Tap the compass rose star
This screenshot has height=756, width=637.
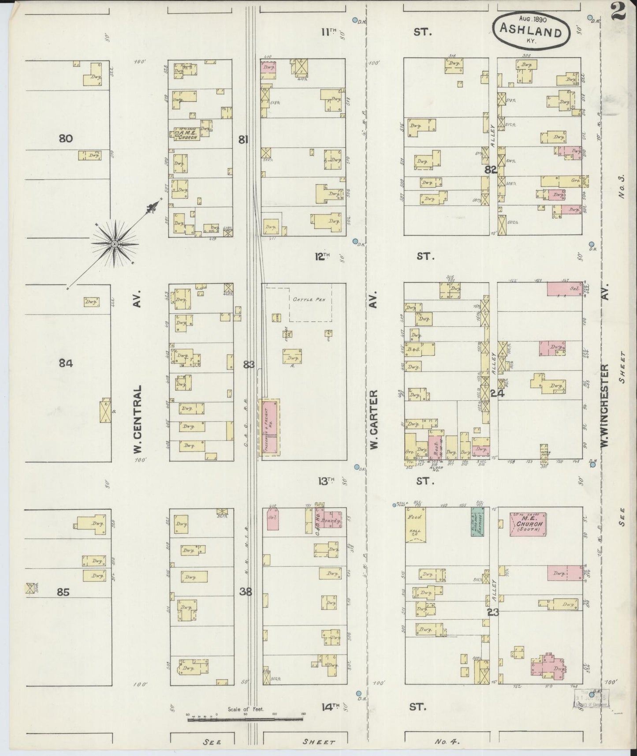tap(115, 244)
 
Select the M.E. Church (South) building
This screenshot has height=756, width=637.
tap(528, 524)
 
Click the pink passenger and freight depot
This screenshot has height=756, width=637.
tap(269, 427)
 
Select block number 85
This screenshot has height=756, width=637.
tap(63, 592)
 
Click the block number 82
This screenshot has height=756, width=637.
tap(491, 169)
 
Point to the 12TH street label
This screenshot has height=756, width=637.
tap(323, 256)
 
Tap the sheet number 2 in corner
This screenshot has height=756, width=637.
tap(619, 11)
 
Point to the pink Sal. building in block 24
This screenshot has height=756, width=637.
tap(564, 289)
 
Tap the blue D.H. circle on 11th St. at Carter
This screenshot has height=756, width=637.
tap(355, 20)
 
